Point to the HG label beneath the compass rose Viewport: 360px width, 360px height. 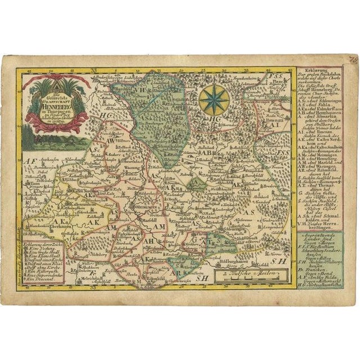coord(215,120)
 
